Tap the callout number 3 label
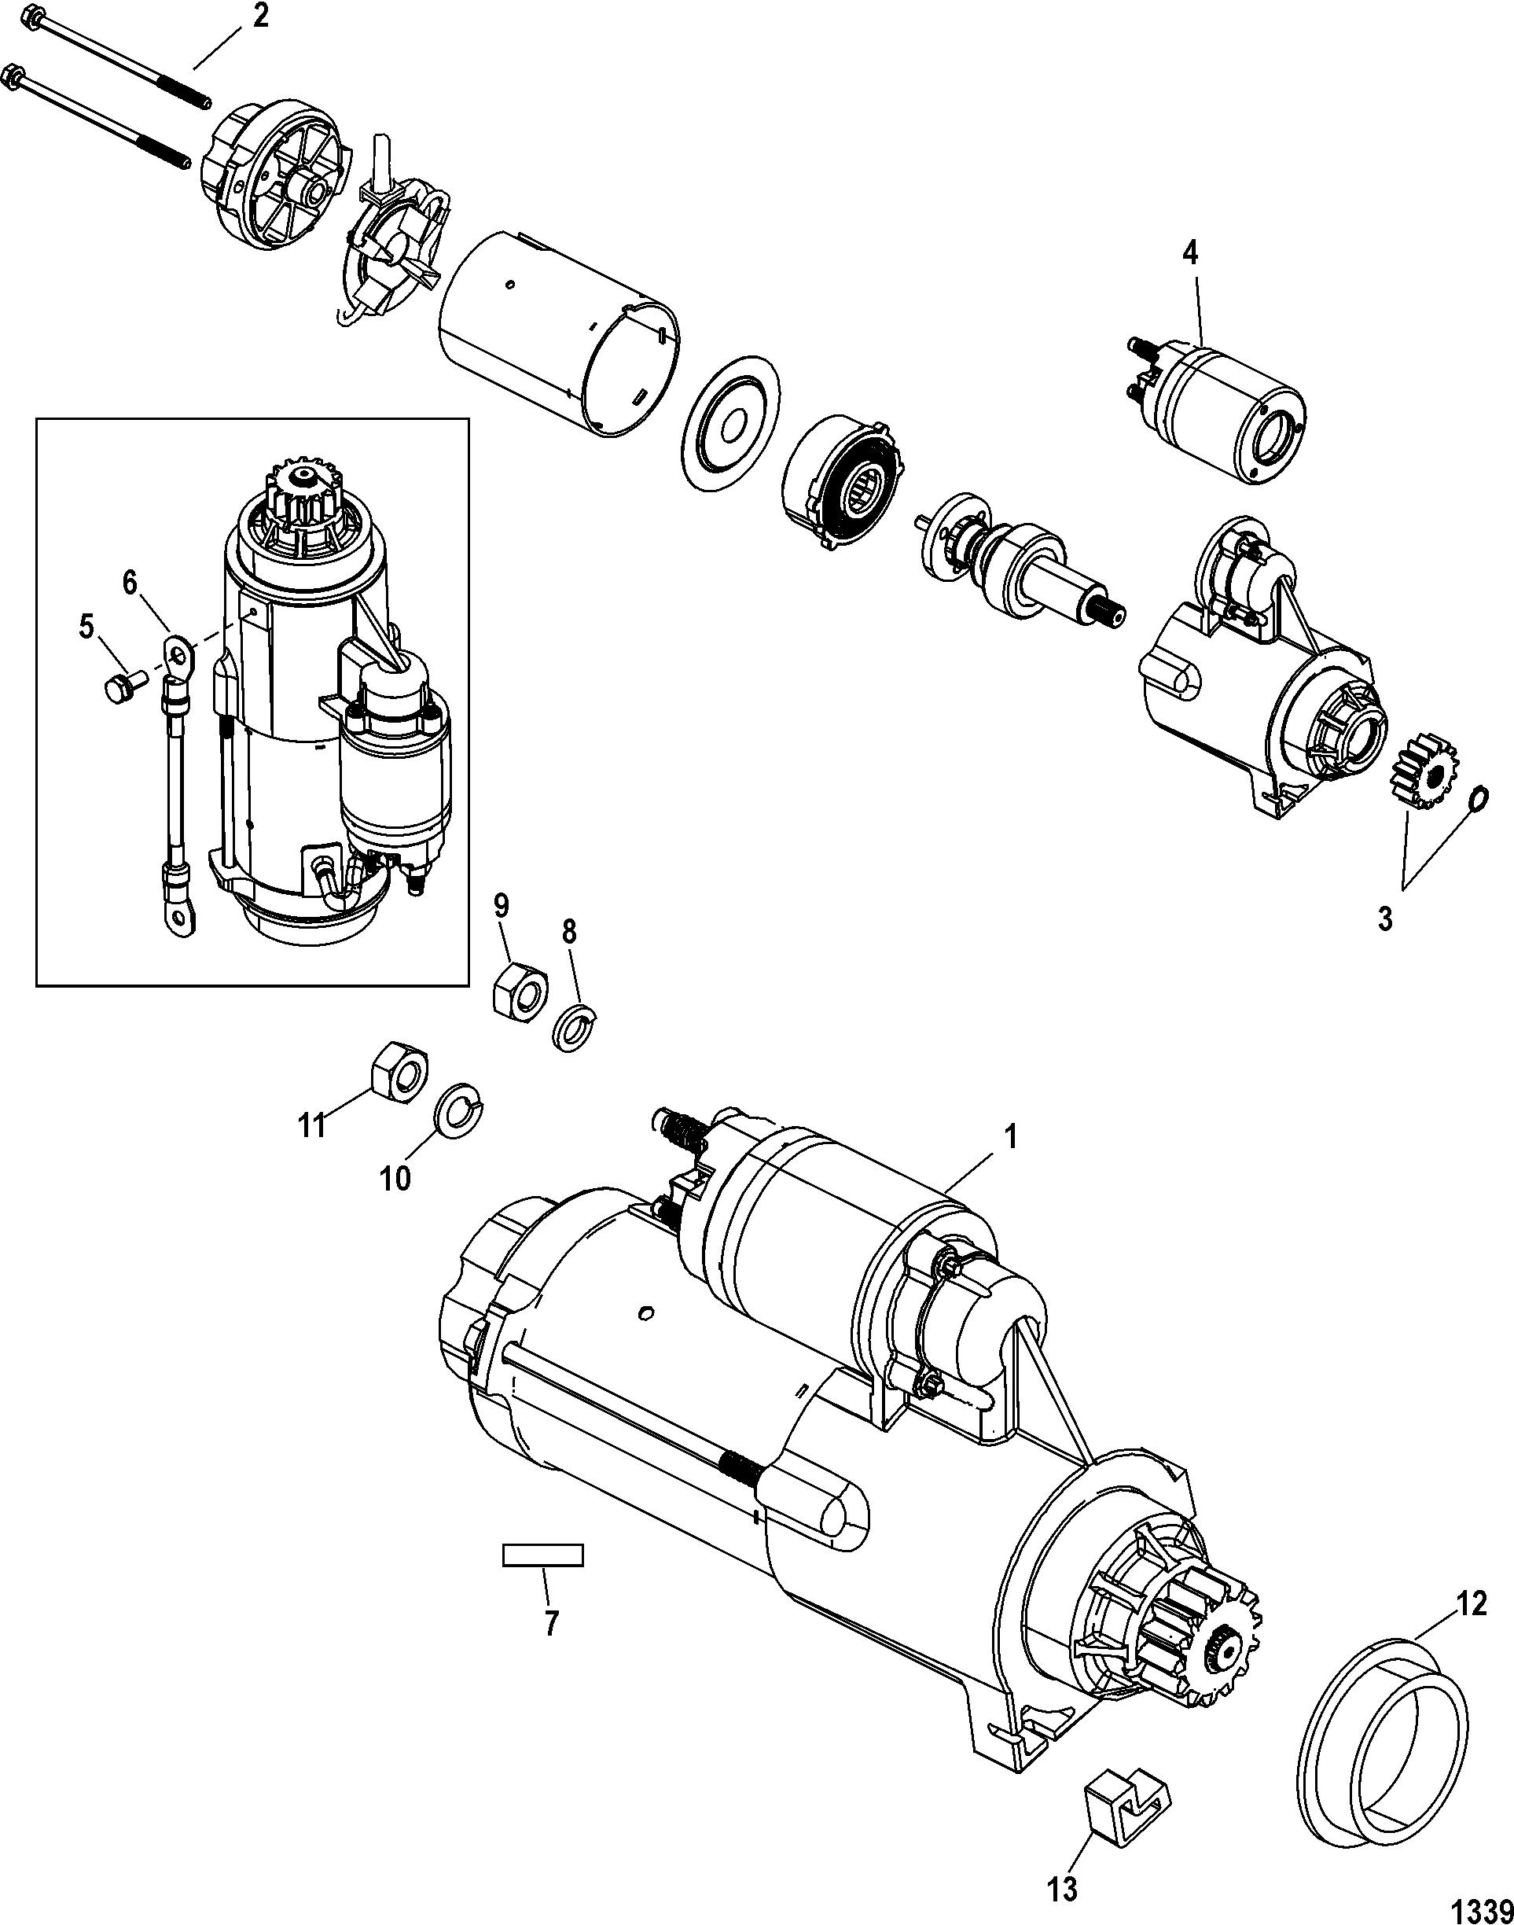pyautogui.click(x=1384, y=918)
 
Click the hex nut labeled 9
pyautogui.click(x=520, y=991)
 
